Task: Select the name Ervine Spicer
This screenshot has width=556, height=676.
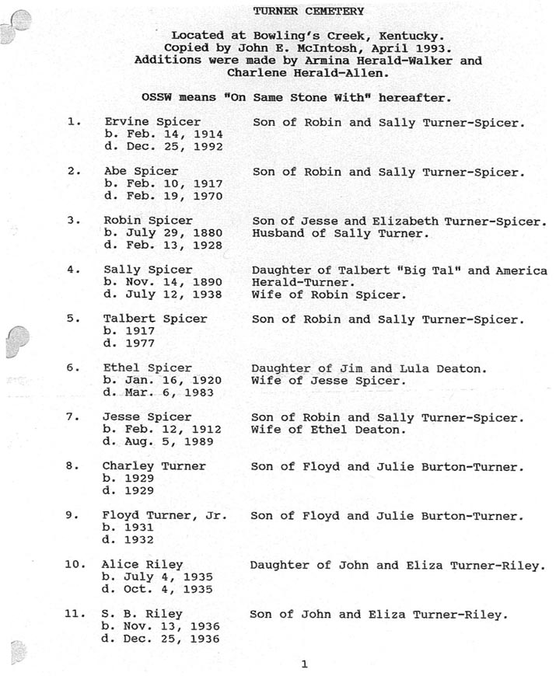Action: [x=152, y=122]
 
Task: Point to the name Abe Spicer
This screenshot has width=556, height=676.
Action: [x=141, y=171]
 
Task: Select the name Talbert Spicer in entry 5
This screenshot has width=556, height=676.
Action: [x=155, y=319]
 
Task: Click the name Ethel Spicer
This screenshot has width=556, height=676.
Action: [x=148, y=368]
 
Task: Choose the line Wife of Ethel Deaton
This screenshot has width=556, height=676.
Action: [x=328, y=429]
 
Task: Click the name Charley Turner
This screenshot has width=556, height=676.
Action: [x=154, y=466]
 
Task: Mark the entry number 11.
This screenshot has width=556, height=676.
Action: [x=74, y=614]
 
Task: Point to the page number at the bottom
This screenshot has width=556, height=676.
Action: [x=304, y=664]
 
